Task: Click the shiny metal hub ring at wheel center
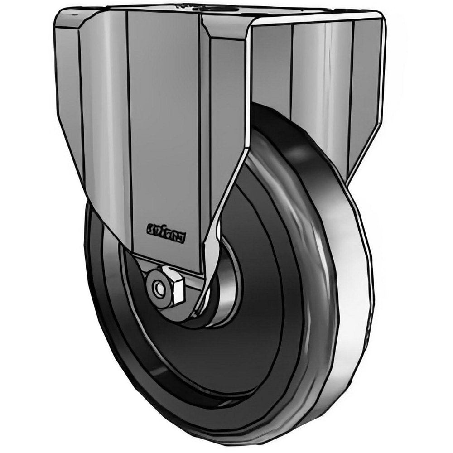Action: point(222,299)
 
